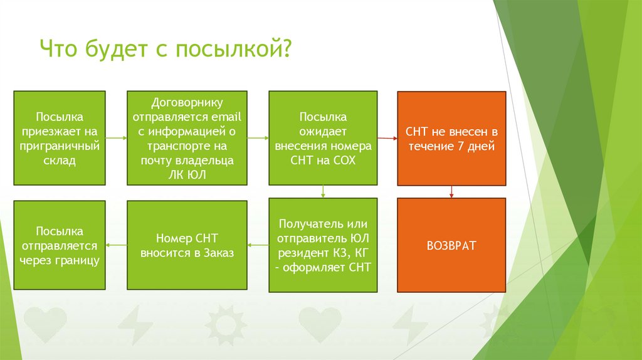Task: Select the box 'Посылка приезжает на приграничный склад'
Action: coord(60,138)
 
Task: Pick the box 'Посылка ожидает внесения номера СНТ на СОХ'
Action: coord(323,138)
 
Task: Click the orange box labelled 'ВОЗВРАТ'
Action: coord(451,245)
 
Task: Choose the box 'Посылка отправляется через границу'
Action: coord(60,245)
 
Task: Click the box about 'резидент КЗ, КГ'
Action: coord(323,245)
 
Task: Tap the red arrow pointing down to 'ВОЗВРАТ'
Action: coord(451,191)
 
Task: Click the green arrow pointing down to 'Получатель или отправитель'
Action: coord(323,191)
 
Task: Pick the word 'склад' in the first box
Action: coord(60,161)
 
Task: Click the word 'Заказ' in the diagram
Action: coord(216,253)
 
